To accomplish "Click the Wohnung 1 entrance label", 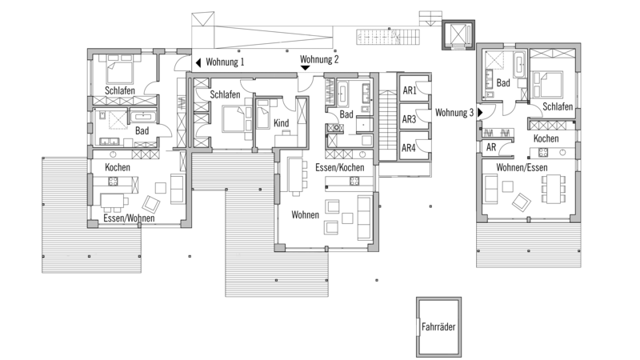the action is tap(225, 62).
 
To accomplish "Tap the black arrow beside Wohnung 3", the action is tap(481, 112).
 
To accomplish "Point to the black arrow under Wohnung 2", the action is tap(305, 68).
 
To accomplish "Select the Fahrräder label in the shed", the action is tap(438, 326).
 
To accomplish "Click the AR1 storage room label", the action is tap(410, 90).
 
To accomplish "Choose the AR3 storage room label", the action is tap(409, 119).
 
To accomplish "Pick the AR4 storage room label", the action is tap(409, 148).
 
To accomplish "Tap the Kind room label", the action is tap(282, 123).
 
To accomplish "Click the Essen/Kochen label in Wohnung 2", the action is tap(339, 167).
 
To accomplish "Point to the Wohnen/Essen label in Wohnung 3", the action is tap(522, 167).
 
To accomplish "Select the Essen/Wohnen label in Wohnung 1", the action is tap(129, 218).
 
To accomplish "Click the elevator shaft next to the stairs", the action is tap(458, 34).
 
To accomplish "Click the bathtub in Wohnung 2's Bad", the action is tap(342, 93).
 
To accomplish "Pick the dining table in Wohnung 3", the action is tap(553, 189).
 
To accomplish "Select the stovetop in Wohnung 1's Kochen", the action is tap(113, 182).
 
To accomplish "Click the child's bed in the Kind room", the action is tap(263, 114).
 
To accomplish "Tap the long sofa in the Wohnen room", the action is tap(365, 218).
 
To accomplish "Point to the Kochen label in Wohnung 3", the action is tap(546, 138).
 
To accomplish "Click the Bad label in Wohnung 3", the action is tap(503, 83).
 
